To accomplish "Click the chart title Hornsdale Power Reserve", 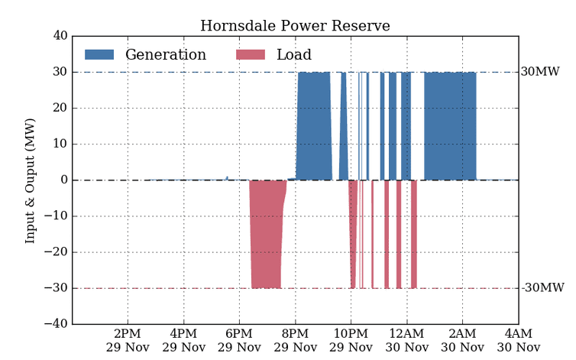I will (295, 26).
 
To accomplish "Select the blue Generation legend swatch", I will (99, 55).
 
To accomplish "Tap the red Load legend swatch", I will (251, 55).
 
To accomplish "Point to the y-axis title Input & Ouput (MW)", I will (31, 180).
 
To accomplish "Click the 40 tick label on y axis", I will (60, 36).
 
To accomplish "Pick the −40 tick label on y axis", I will (56, 324).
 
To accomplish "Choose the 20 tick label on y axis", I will (60, 108).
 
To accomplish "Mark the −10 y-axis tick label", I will (56, 216).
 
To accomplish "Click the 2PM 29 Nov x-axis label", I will (128, 341).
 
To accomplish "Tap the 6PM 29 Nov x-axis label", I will (239, 341).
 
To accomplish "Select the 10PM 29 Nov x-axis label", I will (351, 341).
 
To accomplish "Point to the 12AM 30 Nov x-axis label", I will (406, 341).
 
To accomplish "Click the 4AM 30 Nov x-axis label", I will (518, 341).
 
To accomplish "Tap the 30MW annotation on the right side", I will (540, 72).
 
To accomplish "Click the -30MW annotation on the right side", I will (542, 288).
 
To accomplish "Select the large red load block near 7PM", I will (266, 233).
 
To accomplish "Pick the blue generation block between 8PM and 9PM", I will (313, 126).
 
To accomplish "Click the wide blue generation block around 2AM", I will (450, 126).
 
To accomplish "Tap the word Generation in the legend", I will (166, 55).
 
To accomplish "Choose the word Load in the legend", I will (294, 55).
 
